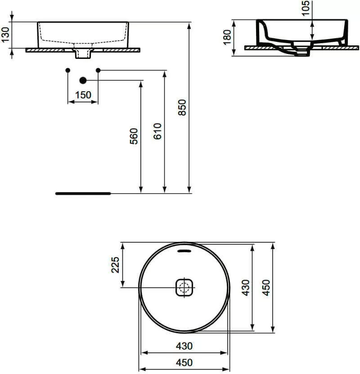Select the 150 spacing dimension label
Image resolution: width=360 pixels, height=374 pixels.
[x=83, y=95]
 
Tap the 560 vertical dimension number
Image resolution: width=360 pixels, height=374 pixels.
[x=134, y=136]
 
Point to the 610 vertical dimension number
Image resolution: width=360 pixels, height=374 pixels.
[x=157, y=130]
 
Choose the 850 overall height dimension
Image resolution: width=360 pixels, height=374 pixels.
[x=182, y=107]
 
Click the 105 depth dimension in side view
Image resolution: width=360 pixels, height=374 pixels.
[x=306, y=8]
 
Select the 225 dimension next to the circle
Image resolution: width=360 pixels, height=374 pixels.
[x=115, y=265]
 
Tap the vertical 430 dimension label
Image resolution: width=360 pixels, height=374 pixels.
[x=245, y=288]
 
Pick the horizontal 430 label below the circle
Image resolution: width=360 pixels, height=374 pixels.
[x=184, y=346]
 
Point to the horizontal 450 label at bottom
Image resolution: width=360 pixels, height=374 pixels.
[x=184, y=362]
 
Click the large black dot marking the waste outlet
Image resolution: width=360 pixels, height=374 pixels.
[x=82, y=80]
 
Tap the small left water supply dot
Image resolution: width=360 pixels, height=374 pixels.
[x=67, y=70]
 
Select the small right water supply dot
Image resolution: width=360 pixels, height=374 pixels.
[x=98, y=70]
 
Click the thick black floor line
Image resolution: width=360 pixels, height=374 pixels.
[x=83, y=193]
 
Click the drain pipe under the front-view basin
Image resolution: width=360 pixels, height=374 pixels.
[x=83, y=54]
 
